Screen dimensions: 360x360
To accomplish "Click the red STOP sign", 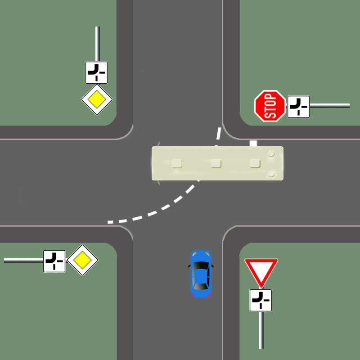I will pos(270,106).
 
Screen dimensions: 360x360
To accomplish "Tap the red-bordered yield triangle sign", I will pos(261,271).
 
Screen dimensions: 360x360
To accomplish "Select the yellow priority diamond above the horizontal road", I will pos(97,99).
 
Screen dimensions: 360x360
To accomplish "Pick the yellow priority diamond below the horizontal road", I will pos(82,260).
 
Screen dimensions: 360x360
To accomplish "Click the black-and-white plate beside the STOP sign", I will pos(298,107).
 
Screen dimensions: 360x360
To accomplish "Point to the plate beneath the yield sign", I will pos(261,300).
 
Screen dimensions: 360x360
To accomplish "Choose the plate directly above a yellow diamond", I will pos(96,72).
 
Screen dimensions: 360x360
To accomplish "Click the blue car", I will pos(200,274).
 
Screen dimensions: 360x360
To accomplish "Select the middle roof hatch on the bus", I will pos(216,163).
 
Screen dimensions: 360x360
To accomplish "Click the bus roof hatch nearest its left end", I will pos(177,163).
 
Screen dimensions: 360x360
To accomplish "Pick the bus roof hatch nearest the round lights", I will pos(256,163).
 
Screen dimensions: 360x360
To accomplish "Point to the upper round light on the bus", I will pos(271,153).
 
